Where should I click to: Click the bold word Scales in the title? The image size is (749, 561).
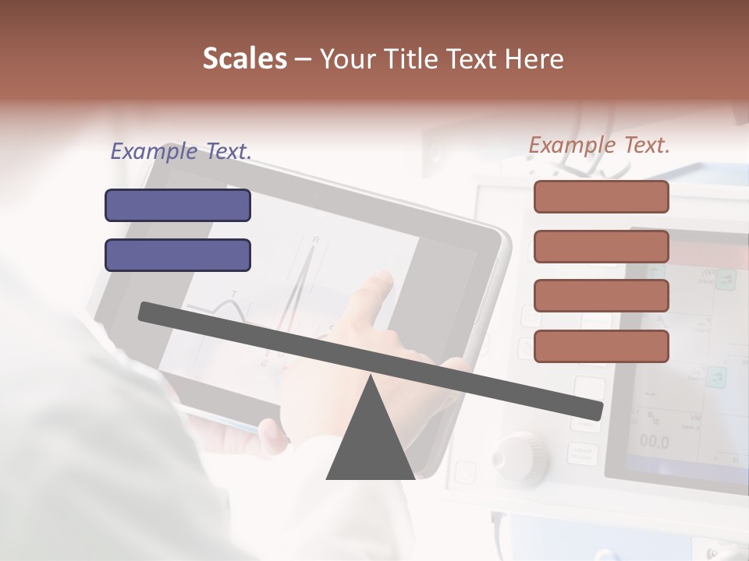pos(244,58)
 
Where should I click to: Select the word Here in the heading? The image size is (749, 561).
pos(534,58)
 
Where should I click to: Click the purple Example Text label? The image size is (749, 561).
pos(181,151)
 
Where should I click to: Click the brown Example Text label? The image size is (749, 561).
pos(599,145)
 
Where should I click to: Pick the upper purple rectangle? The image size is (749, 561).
pos(178,205)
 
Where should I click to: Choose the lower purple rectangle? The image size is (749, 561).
pos(178,255)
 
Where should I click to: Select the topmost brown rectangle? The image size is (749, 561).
pos(601,196)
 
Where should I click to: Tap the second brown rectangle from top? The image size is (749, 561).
pos(601,246)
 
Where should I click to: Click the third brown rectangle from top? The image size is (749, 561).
pos(601,296)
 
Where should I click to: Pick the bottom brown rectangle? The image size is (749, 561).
pos(601,346)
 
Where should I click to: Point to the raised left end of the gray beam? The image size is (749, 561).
pos(148,312)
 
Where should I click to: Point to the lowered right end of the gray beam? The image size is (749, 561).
pos(593,408)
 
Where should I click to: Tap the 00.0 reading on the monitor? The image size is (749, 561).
pos(654,442)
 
